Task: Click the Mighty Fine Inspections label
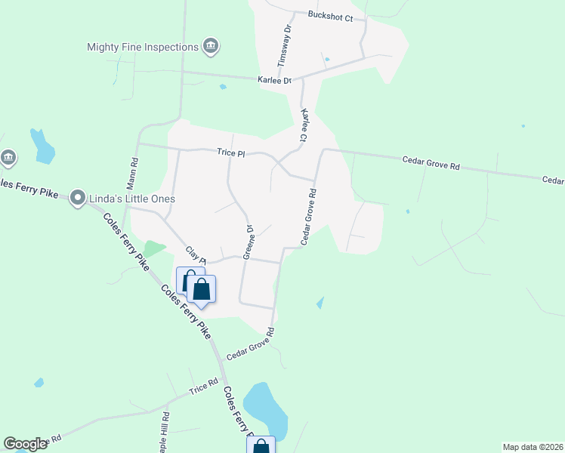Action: point(142,47)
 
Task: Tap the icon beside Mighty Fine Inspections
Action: point(211,47)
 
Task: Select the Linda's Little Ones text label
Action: point(133,199)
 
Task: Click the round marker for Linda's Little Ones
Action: point(78,199)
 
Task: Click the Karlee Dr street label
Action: point(276,80)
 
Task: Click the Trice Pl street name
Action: point(231,153)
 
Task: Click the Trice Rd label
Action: point(203,389)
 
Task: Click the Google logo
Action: point(26,444)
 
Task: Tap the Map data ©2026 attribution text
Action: point(533,447)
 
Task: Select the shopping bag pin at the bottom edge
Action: point(261,446)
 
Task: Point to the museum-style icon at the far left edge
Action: point(8,157)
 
